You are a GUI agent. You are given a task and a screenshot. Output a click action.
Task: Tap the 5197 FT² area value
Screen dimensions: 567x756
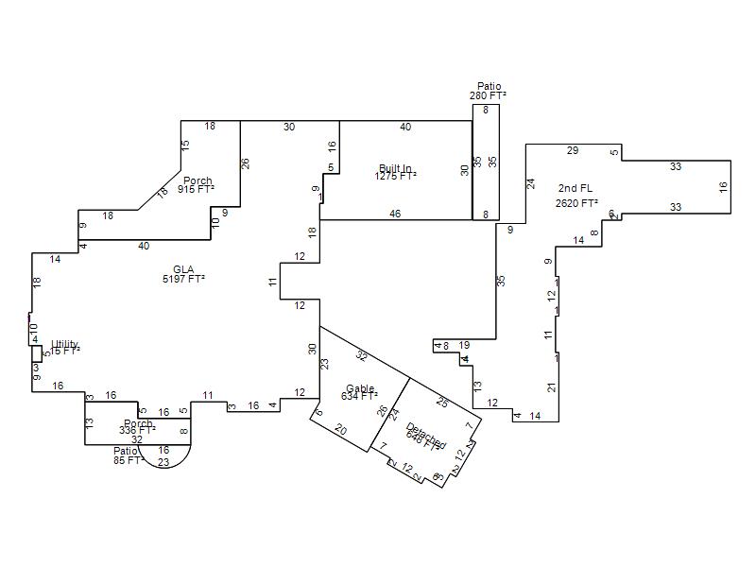pos(183,279)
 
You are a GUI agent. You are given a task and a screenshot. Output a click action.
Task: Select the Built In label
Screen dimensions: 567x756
pos(395,168)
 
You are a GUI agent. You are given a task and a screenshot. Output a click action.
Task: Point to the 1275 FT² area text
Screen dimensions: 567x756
pos(395,176)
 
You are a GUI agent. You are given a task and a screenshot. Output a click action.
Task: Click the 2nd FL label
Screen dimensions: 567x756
pos(576,189)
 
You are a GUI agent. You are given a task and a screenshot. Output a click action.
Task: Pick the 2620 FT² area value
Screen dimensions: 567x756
pos(576,203)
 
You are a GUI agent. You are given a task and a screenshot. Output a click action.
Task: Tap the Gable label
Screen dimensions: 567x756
pos(360,388)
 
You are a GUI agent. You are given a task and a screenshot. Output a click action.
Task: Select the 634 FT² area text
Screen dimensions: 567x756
pos(359,396)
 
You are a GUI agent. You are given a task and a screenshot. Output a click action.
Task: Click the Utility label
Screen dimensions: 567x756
pos(65,344)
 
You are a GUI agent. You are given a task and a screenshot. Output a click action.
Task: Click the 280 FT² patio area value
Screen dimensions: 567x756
pos(488,95)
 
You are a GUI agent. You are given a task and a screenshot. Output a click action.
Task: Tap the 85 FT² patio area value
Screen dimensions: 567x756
pos(128,461)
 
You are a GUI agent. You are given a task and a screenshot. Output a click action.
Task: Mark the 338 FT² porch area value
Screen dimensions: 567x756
pos(137,431)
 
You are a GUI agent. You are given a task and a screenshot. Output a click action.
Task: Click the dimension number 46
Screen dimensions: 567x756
pos(395,215)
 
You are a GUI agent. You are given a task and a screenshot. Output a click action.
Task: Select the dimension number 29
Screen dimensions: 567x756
pos(573,150)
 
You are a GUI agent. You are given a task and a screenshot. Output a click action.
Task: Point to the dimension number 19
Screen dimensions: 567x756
pos(464,346)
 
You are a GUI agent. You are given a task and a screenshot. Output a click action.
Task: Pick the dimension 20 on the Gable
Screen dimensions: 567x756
pos(340,431)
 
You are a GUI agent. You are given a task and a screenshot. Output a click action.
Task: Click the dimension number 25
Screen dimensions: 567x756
pos(442,403)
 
